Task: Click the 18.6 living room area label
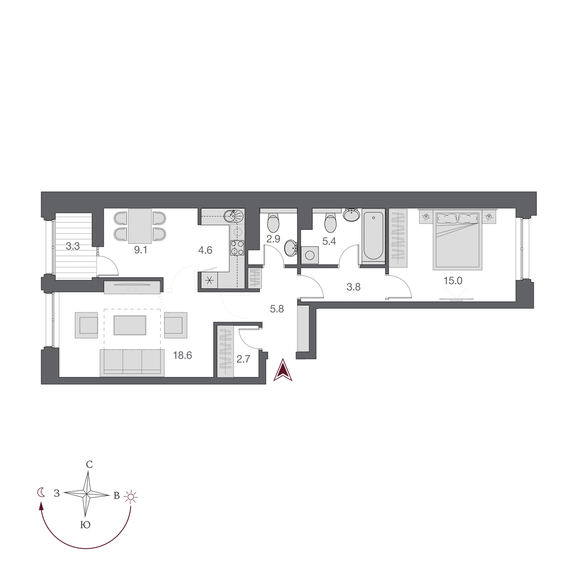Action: (182, 355)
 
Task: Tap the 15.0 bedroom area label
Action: (453, 281)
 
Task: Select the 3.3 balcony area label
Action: (73, 247)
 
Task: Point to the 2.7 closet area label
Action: (243, 359)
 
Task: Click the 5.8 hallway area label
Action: (277, 309)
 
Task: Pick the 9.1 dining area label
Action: (140, 250)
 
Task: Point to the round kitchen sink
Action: (234, 216)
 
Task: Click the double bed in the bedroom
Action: (456, 239)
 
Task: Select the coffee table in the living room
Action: (130, 325)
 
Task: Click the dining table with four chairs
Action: (140, 226)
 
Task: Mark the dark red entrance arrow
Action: (283, 372)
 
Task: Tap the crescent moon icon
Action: (42, 492)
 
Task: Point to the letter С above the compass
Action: (88, 464)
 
